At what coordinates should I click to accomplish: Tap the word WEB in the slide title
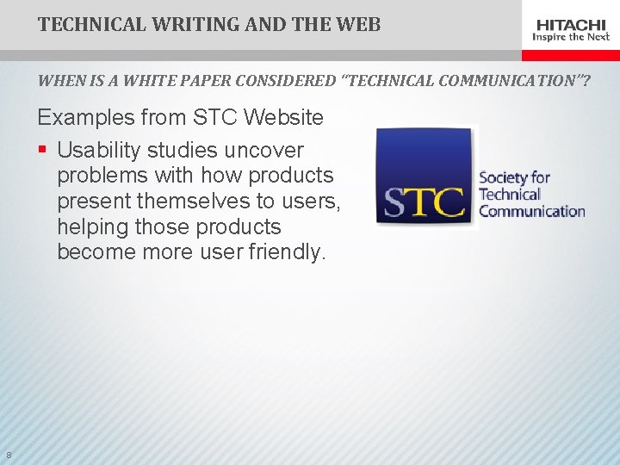pos(360,24)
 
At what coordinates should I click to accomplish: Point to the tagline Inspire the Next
pos(572,37)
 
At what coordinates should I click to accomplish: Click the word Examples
pos(84,117)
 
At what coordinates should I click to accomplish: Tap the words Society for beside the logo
pos(514,178)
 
